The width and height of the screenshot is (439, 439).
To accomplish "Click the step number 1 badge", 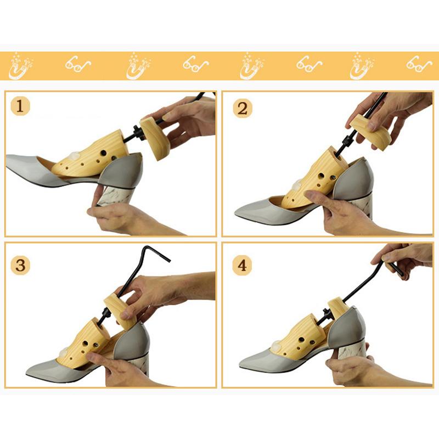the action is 20,106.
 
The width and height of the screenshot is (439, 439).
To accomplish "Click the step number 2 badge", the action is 243,108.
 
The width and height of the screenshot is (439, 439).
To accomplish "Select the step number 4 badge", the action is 242,265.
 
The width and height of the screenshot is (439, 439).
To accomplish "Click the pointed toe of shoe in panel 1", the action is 8,159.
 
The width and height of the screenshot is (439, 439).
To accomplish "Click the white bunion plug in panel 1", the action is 75,155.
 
